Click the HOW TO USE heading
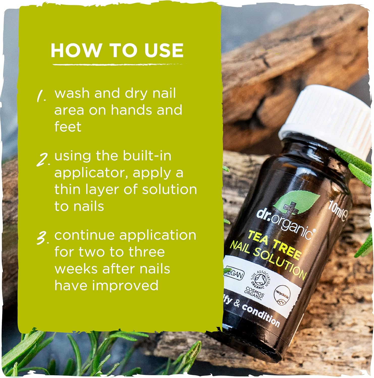coord(117,50)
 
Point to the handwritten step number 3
coord(42,238)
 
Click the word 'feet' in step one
coord(68,127)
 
